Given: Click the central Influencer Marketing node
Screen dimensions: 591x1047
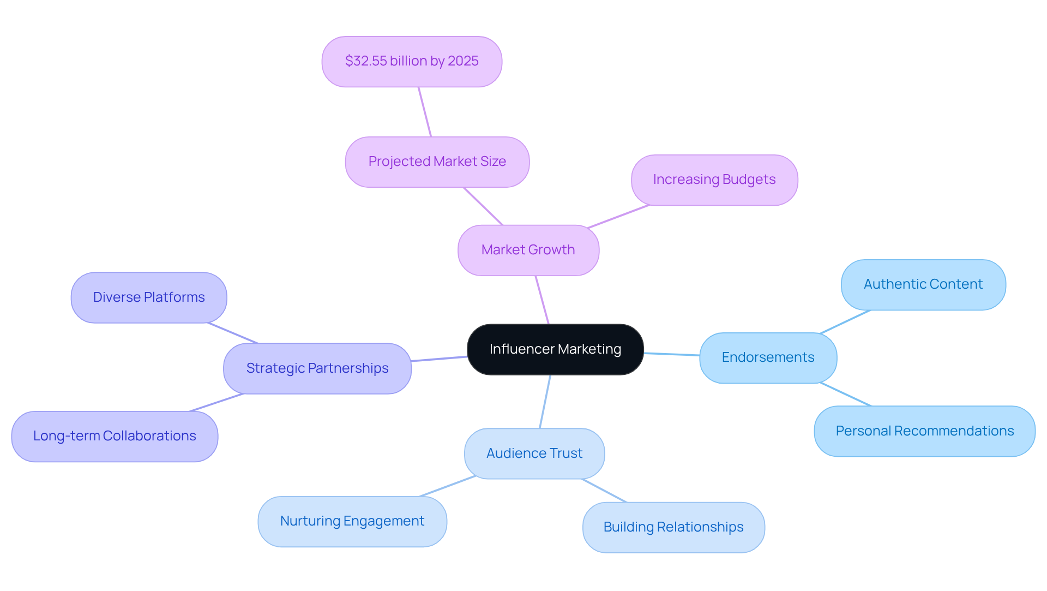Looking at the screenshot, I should tap(555, 349).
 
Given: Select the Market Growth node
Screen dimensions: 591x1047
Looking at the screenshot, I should tap(528, 250).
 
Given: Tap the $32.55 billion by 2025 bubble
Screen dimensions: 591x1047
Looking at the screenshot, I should tap(412, 61).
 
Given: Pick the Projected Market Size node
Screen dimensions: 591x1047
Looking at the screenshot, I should tap(437, 162).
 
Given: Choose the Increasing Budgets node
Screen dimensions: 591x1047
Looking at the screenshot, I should tap(714, 180).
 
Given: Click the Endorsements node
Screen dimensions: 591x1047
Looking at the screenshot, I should tap(767, 357).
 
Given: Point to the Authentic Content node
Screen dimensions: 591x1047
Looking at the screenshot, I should tap(923, 284).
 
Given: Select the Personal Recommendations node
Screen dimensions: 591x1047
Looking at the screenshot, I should tap(924, 431).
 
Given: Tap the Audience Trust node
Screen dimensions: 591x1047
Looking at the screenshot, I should tap(534, 453).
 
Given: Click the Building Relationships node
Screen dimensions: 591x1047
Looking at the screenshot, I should tap(673, 527).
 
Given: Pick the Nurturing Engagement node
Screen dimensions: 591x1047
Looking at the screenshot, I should tap(352, 521).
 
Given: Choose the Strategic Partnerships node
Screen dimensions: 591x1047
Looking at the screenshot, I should tap(317, 368).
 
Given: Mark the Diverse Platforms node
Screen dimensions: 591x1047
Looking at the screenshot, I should tap(148, 297).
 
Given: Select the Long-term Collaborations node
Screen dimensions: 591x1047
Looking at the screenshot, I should tap(115, 436).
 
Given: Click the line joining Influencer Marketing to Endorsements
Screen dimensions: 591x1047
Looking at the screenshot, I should tap(672, 354).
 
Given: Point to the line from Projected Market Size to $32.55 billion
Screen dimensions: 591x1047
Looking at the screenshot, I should tap(425, 112).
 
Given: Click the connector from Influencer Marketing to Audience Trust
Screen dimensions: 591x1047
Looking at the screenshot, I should tap(545, 402).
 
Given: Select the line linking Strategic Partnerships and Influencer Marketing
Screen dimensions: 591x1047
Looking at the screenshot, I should tap(439, 359).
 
